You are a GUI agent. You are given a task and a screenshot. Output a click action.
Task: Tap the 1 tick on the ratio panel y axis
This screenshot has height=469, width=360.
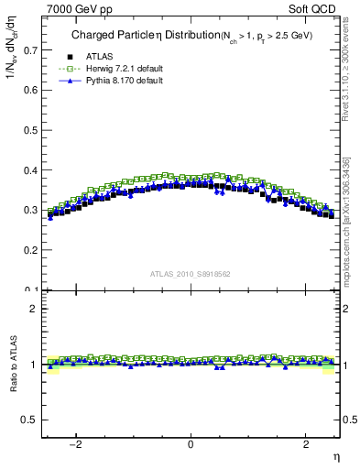click(x=34, y=365)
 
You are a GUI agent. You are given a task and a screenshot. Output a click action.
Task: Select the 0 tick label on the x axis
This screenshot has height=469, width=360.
click(x=191, y=444)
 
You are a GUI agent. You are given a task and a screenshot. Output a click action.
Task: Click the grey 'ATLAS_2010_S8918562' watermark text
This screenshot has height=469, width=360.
click(x=191, y=274)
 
